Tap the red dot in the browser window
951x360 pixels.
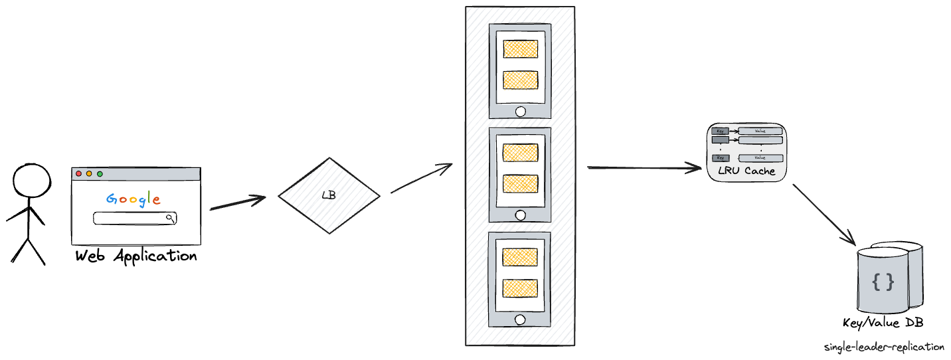tap(79, 174)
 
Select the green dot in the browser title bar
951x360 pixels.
tap(100, 174)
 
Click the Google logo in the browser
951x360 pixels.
tap(133, 199)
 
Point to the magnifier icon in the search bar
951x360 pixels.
tap(170, 218)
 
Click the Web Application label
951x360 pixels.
tap(135, 256)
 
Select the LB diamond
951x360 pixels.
tap(328, 195)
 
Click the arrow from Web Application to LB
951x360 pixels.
tap(237, 203)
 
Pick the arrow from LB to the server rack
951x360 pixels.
tap(421, 179)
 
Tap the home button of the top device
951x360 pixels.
tap(520, 111)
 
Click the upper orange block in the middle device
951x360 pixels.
tap(520, 152)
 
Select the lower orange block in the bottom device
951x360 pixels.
tap(520, 288)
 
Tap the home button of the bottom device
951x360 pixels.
tap(520, 319)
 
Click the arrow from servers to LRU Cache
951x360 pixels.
tap(644, 169)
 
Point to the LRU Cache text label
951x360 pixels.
tap(745, 171)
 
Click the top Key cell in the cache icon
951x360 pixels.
tap(720, 132)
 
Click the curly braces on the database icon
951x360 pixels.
tap(883, 282)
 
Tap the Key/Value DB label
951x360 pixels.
tap(883, 323)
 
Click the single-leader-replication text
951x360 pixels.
tap(884, 347)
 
